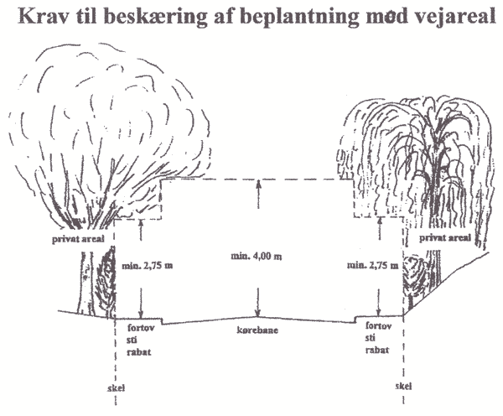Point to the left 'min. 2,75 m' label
148,266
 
